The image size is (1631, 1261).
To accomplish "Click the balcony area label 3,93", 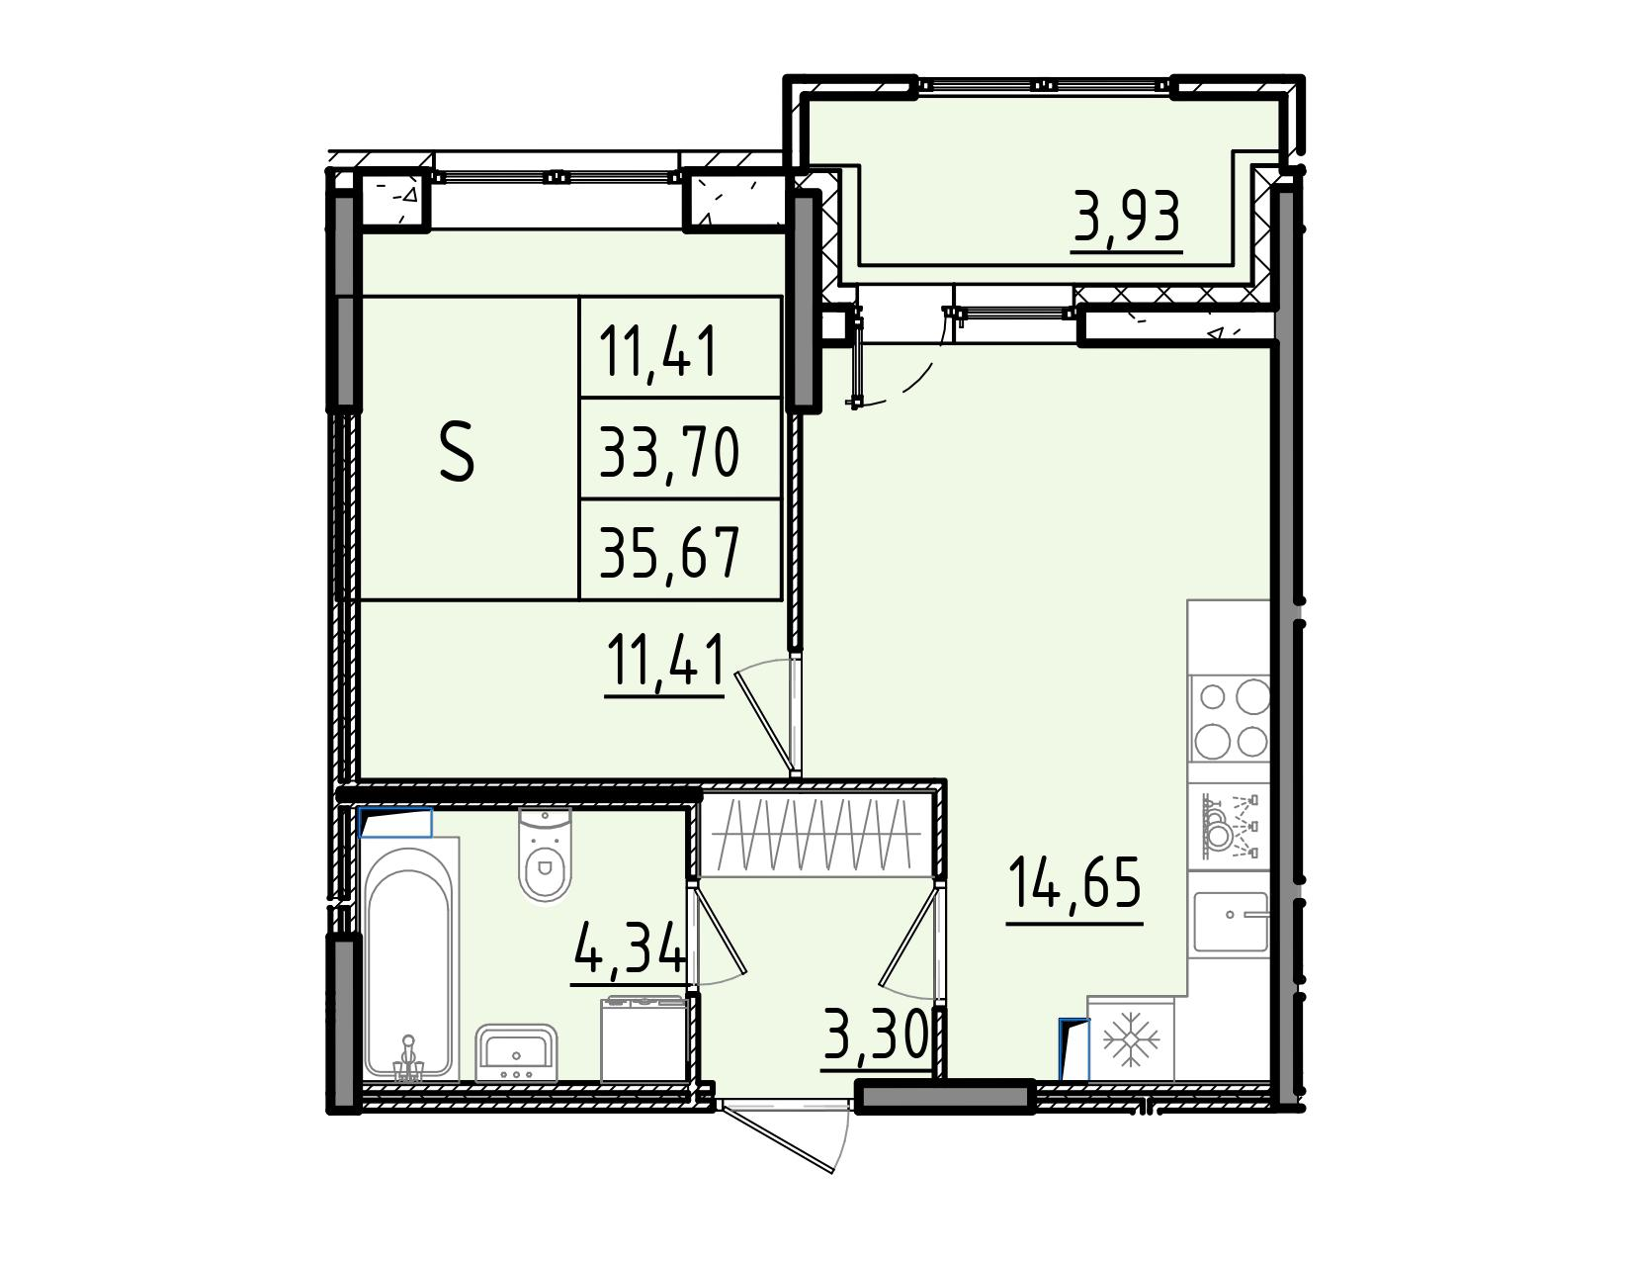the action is pos(1127,217).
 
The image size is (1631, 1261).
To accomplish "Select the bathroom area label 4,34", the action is pos(629,947).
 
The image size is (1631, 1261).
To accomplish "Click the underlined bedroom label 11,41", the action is pos(665,660).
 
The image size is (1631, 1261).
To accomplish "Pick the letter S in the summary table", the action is pos(457,451).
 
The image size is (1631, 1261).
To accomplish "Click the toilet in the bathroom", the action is pos(545,854).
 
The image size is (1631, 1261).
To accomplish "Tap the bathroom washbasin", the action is pos(516,1052).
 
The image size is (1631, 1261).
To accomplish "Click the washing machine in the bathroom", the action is pos(644,1038).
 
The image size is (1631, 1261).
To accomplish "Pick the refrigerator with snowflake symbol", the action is pos(1131,1039).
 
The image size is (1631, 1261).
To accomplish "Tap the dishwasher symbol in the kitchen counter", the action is pos(1229,826).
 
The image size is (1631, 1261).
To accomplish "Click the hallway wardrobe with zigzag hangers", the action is pos(815,833).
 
